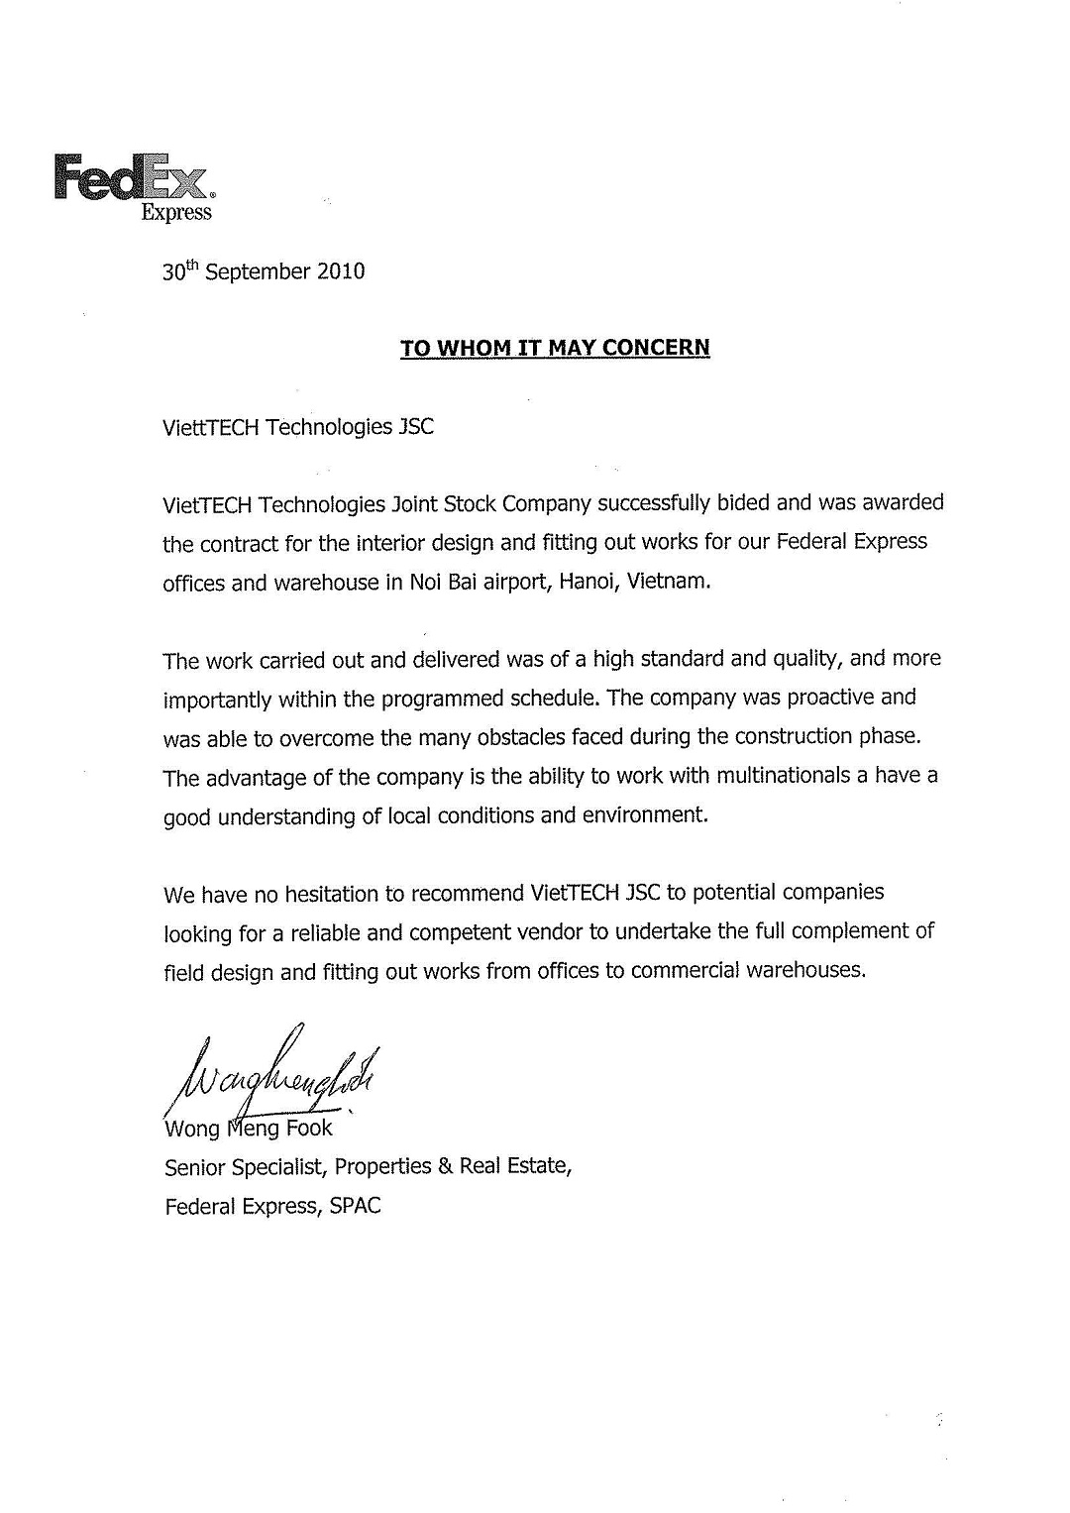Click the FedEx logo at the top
coord(132,177)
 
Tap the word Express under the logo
coord(176,212)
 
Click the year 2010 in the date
coord(340,271)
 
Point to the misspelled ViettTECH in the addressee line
coord(212,427)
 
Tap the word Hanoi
coord(588,582)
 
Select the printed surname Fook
coord(309,1129)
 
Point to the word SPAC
coord(355,1207)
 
